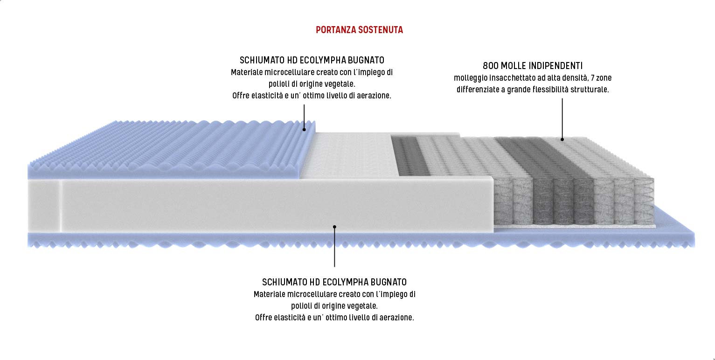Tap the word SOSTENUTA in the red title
[381, 30]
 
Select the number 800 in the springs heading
[490, 66]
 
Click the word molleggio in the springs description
[468, 78]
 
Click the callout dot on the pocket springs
[562, 139]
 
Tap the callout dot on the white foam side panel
[334, 227]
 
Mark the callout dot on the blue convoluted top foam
[304, 129]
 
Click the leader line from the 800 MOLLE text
[562, 117]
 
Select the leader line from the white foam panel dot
[334, 247]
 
